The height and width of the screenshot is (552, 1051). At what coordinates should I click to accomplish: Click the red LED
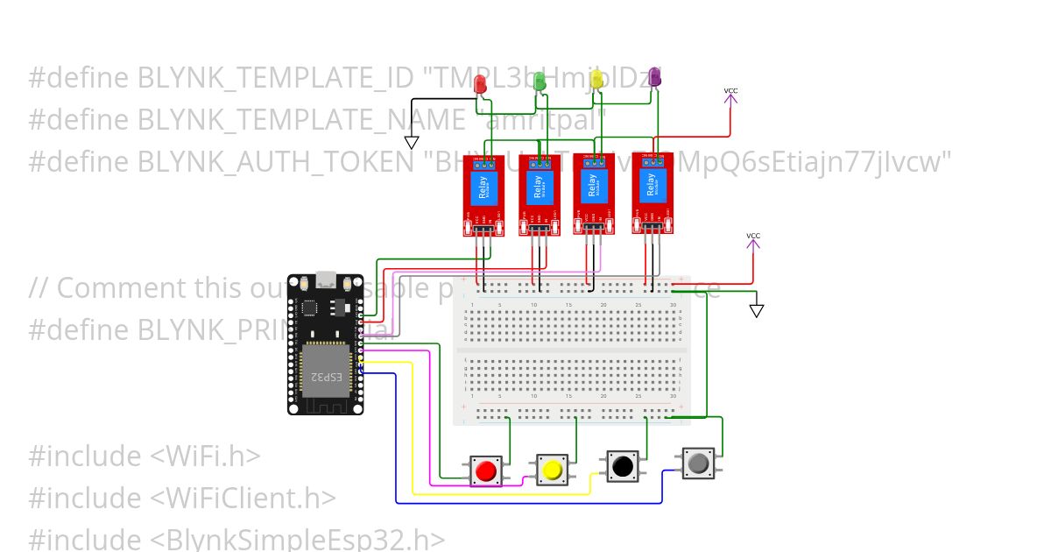click(480, 84)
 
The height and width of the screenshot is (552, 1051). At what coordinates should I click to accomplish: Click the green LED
click(540, 81)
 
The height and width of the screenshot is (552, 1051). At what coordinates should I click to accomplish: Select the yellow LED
click(597, 80)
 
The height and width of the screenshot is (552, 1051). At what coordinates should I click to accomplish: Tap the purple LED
click(655, 79)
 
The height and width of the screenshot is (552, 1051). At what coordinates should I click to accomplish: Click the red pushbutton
click(484, 471)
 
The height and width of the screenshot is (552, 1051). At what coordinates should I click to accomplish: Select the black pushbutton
click(623, 466)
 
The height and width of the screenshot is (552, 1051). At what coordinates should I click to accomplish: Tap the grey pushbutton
click(698, 462)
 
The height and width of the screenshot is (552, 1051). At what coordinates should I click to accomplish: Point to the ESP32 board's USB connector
click(326, 281)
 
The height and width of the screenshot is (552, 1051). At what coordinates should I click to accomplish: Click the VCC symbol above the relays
click(730, 95)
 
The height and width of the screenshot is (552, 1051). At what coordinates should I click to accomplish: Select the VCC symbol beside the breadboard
click(753, 240)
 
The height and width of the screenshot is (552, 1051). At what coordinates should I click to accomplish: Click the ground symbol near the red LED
click(411, 142)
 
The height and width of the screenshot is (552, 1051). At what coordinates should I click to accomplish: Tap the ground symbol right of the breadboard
click(757, 310)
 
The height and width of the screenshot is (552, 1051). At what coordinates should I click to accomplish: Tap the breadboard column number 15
click(568, 305)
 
